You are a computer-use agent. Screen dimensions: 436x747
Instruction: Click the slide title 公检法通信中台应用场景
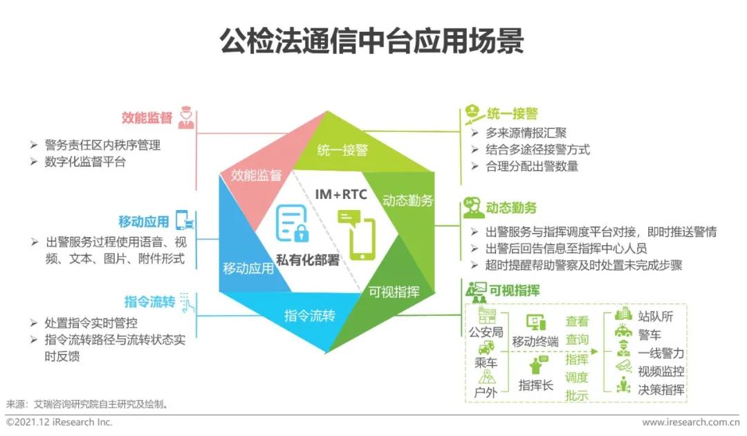pos(372,41)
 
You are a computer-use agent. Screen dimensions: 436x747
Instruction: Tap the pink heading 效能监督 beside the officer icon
pos(147,117)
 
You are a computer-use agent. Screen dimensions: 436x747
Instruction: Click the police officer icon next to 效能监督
pos(185,117)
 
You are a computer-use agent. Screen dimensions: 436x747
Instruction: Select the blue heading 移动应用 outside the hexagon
pos(143,222)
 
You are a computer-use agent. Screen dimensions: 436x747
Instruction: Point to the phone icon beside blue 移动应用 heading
pos(184,220)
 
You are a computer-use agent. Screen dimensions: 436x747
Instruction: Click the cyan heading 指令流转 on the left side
pos(149,302)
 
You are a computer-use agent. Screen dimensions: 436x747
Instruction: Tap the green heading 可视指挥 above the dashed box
pos(514,290)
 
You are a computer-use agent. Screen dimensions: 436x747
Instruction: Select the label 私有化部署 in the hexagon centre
pos(308,260)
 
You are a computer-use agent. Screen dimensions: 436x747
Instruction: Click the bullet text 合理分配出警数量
pos(533,166)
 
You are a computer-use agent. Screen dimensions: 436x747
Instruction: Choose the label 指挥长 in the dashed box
pos(536,386)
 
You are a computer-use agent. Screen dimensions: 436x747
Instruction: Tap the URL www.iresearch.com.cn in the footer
pos(690,422)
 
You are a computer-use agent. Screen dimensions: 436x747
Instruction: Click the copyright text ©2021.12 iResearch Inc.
pos(59,422)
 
